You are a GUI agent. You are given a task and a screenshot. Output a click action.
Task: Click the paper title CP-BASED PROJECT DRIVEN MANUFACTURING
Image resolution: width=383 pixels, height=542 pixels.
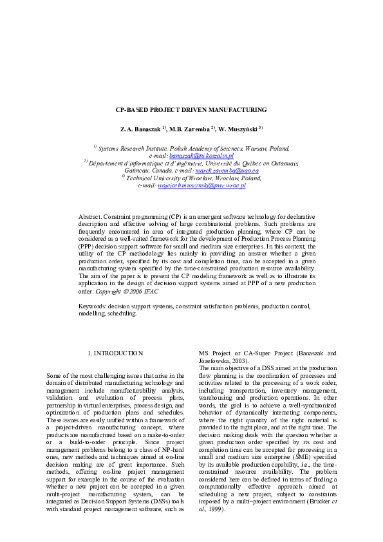(191, 110)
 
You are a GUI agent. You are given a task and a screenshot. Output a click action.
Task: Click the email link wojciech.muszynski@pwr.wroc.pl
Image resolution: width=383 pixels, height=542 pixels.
(201, 185)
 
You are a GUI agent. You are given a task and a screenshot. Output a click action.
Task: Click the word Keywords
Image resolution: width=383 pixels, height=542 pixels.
(93, 307)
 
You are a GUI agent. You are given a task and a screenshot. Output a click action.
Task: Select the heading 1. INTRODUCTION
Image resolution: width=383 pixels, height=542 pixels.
(115, 353)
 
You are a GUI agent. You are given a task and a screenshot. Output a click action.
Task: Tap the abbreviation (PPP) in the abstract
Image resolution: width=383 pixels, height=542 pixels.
(88, 247)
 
